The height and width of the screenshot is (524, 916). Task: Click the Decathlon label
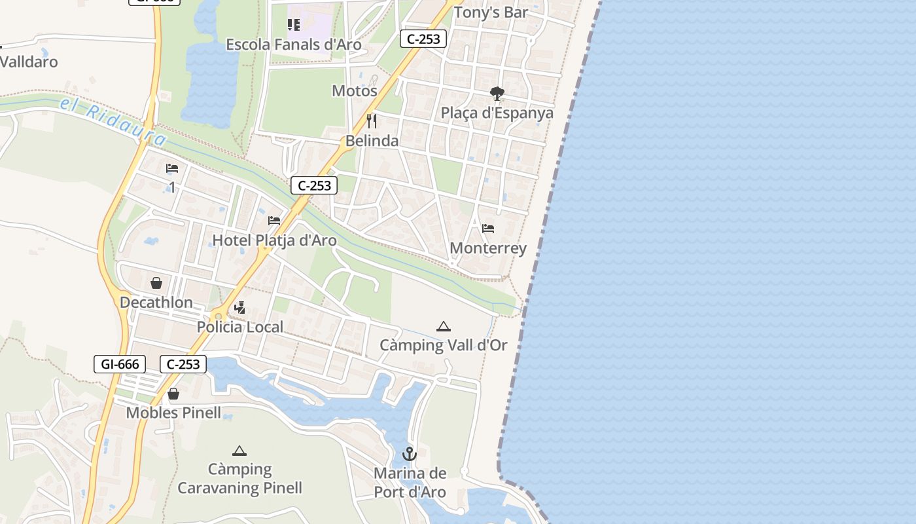click(x=156, y=303)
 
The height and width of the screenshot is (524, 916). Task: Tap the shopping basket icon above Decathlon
click(x=156, y=283)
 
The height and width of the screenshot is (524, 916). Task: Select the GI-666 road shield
click(x=120, y=364)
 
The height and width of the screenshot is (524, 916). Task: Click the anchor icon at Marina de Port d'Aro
click(x=410, y=454)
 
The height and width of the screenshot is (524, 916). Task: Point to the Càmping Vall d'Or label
click(x=444, y=345)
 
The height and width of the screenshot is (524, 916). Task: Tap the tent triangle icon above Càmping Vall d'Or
click(x=444, y=326)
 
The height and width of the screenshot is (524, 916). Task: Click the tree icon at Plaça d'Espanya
click(x=497, y=94)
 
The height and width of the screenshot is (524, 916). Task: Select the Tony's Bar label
click(x=491, y=12)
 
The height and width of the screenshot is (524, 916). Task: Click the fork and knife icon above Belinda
click(x=372, y=121)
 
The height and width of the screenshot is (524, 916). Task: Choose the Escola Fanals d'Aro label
click(x=294, y=45)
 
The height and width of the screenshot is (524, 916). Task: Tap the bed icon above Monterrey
click(x=488, y=229)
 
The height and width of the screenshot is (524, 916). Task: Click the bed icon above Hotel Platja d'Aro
click(x=274, y=221)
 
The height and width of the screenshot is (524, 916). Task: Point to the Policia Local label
click(x=240, y=327)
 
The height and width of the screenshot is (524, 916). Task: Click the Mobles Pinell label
click(x=173, y=413)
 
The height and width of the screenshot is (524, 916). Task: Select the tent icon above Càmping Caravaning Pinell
click(x=239, y=451)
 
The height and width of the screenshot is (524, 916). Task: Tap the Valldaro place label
click(x=29, y=62)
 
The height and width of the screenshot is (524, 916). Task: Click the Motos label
click(x=355, y=91)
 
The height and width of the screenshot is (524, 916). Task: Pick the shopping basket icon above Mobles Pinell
click(x=173, y=394)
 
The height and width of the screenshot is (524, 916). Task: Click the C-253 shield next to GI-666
click(x=183, y=364)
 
